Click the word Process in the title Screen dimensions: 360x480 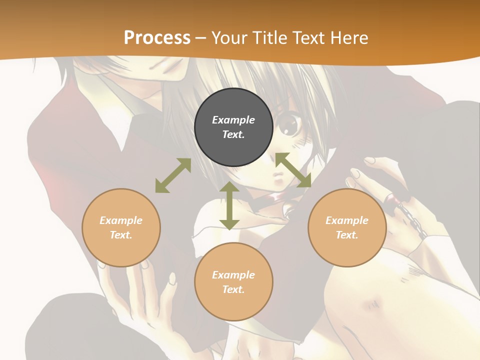click(157, 37)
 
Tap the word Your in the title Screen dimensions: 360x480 click(228, 37)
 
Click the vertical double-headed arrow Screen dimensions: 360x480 click(229, 205)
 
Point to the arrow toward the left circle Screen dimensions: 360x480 click(173, 175)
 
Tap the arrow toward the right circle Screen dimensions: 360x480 click(293, 170)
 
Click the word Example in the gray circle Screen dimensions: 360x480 click(233, 120)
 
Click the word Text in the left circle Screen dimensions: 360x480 click(121, 235)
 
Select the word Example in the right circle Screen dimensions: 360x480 click(347, 220)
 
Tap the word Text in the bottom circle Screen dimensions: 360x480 click(233, 289)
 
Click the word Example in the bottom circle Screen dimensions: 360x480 click(233, 275)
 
